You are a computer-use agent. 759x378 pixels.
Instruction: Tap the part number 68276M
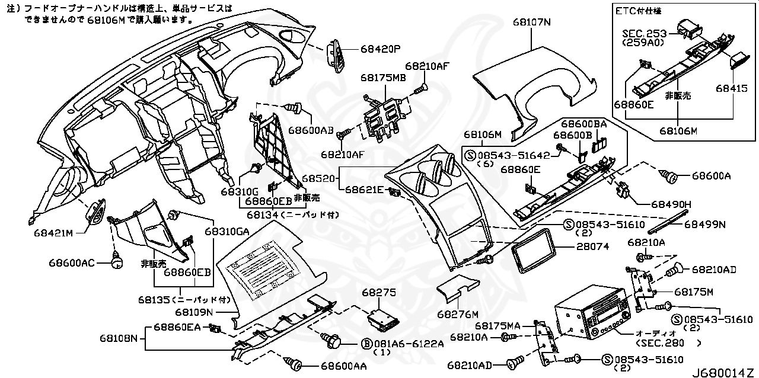pyautogui.click(x=458, y=313)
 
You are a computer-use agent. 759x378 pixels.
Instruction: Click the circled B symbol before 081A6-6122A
pyautogui.click(x=366, y=344)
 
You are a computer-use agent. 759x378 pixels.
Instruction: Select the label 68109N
pyautogui.click(x=193, y=312)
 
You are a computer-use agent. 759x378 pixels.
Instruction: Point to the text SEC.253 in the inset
pyautogui.click(x=644, y=34)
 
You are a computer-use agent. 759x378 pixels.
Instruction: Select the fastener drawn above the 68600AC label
pyautogui.click(x=117, y=258)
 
